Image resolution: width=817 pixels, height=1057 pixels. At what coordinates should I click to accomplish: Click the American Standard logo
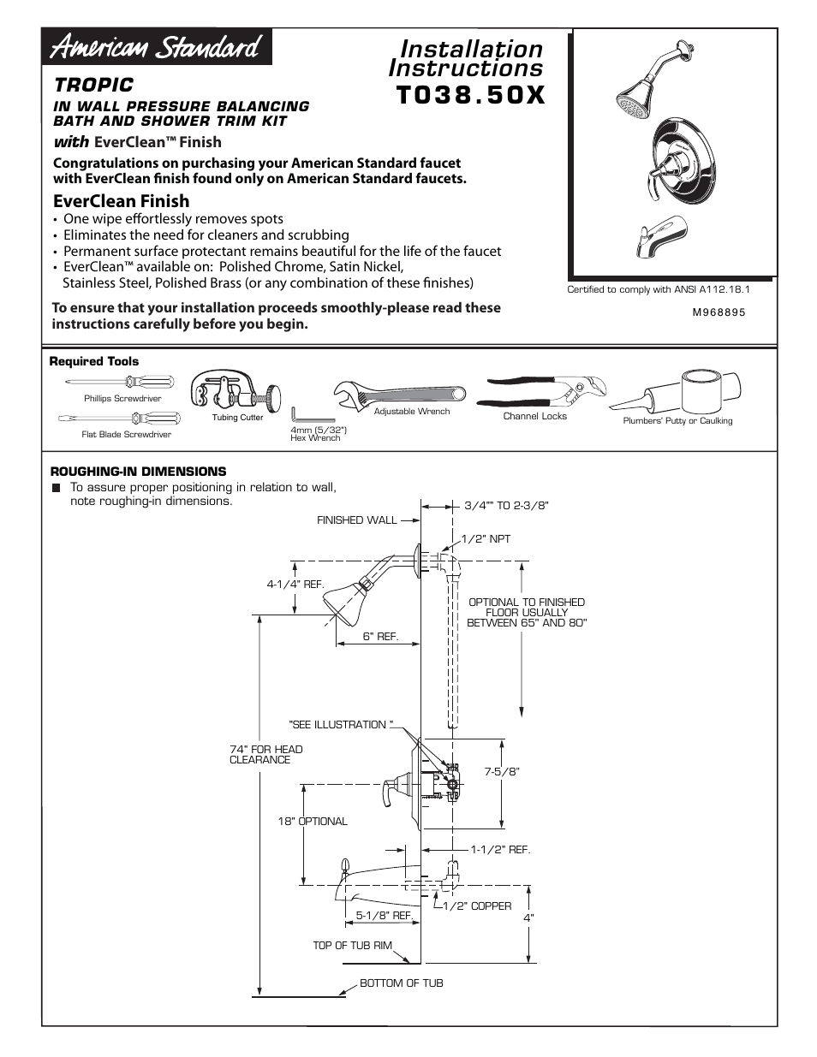(x=157, y=47)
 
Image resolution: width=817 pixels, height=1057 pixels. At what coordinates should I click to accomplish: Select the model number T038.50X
(x=470, y=94)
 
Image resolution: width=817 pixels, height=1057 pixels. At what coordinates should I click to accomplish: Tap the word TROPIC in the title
(x=94, y=85)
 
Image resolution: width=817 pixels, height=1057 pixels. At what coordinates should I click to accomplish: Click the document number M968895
(x=719, y=312)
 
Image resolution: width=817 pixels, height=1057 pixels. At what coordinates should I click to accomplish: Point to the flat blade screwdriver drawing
(x=120, y=419)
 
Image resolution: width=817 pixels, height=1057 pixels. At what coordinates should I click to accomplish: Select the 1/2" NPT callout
(x=486, y=539)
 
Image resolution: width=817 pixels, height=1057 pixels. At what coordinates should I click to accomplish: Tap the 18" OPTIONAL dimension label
(x=313, y=822)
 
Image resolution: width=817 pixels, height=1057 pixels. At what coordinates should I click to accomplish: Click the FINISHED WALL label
(x=357, y=520)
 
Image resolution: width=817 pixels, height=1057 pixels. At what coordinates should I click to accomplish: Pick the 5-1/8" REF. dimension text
(x=385, y=916)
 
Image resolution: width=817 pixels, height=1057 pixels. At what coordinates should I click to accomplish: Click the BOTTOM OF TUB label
(x=401, y=983)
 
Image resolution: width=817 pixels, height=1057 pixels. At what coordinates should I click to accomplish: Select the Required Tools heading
(x=94, y=362)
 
